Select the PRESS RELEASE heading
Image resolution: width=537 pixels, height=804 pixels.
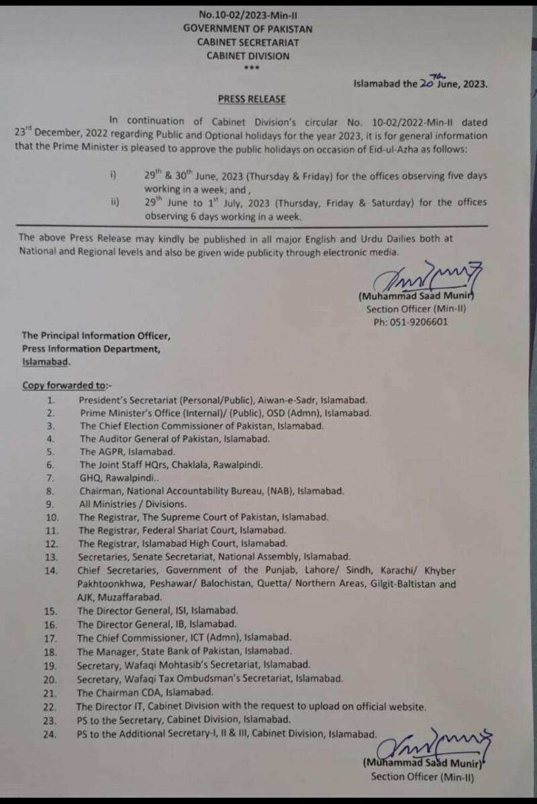[x=252, y=99]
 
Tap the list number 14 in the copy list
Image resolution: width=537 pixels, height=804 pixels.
[x=52, y=571]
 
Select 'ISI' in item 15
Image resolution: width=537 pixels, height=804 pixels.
[x=183, y=611]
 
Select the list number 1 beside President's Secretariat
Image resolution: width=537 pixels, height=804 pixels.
[x=50, y=399]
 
